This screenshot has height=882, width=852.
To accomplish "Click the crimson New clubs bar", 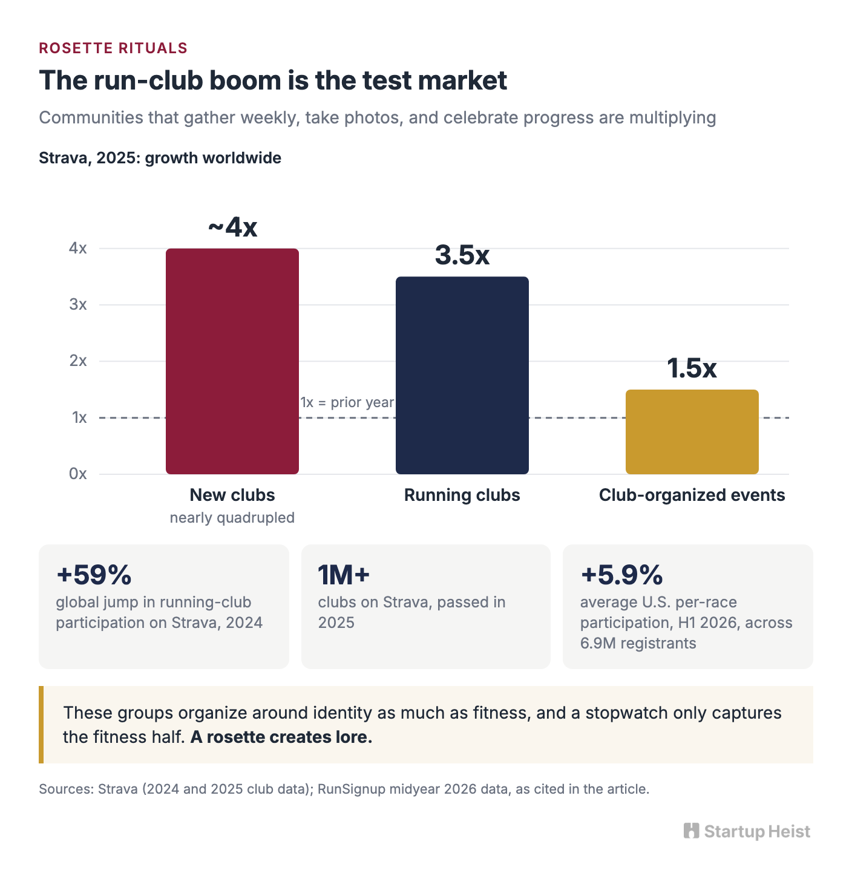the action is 232,361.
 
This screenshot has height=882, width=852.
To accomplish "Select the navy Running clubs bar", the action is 462,375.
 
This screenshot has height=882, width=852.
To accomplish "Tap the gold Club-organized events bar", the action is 692,431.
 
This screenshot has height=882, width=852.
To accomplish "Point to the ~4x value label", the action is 232,227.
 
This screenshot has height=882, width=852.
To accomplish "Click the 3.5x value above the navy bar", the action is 462,255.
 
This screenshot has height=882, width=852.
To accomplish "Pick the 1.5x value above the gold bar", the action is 692,368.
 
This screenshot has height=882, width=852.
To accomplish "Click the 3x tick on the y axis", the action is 78,304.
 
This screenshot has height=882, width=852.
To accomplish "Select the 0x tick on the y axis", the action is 78,474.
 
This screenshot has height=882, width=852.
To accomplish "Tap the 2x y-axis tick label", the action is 78,361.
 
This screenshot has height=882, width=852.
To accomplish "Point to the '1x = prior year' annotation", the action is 347,402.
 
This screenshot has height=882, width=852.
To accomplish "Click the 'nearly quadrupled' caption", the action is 232,518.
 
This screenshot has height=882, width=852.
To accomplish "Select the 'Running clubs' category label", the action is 462,495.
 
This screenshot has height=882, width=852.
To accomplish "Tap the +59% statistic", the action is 94,575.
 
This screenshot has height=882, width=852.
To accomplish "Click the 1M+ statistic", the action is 344,575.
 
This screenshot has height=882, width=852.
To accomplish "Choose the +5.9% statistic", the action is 621,575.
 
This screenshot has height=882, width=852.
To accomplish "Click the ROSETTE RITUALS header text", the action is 113,48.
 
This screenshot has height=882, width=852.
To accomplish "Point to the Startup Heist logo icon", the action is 692,831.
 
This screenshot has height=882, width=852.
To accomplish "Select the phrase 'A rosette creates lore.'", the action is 281,737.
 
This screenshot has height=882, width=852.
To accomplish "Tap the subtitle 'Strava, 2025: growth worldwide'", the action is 160,158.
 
